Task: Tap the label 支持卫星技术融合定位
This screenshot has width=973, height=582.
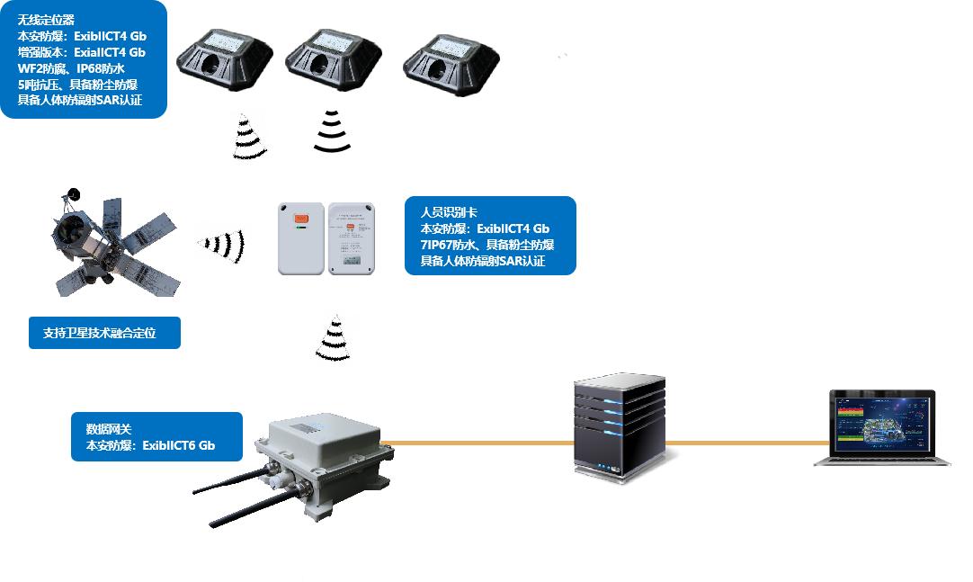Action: pyautogui.click(x=104, y=333)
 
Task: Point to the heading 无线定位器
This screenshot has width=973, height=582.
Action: pyautogui.click(x=46, y=20)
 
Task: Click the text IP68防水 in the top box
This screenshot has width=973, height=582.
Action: pyautogui.click(x=100, y=68)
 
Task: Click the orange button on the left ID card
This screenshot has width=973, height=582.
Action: pyautogui.click(x=300, y=218)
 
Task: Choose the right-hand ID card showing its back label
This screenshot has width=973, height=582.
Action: pyautogui.click(x=351, y=238)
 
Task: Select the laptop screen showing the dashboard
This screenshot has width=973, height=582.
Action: pyautogui.click(x=881, y=423)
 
